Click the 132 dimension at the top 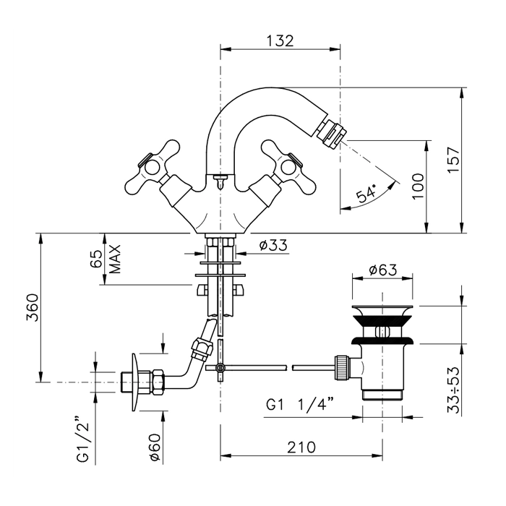[x=280, y=40]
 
